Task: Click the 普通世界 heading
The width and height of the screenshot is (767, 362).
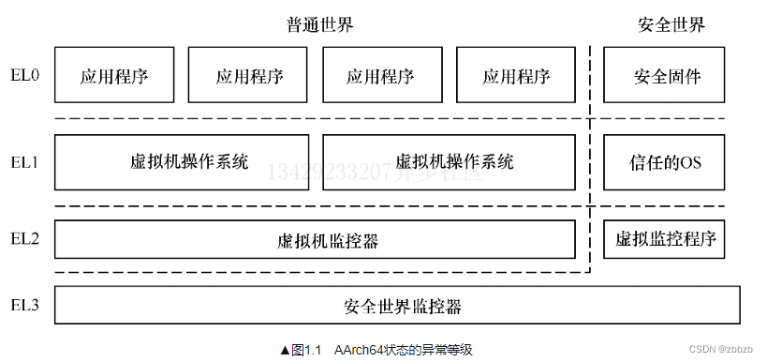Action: [320, 24]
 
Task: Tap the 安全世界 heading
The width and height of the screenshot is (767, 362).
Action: [671, 24]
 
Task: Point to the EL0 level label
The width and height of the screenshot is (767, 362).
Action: [24, 75]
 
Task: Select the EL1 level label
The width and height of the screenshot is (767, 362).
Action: [24, 161]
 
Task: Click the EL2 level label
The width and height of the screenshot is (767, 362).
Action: [24, 238]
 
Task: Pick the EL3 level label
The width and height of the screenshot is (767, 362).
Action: [24, 305]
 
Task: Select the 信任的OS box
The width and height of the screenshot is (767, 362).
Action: [666, 161]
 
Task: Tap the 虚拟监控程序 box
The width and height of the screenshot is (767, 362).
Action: [666, 238]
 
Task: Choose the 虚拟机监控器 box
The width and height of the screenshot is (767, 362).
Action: [315, 240]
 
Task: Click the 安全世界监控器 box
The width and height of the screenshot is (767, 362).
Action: [397, 306]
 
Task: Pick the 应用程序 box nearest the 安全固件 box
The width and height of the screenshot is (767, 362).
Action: [516, 75]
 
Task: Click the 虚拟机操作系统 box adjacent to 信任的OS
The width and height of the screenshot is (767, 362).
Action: [449, 161]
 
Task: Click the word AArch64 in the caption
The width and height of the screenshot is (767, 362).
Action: [361, 350]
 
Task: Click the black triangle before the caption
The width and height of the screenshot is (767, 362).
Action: [286, 350]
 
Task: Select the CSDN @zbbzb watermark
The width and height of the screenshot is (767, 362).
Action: [720, 349]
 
